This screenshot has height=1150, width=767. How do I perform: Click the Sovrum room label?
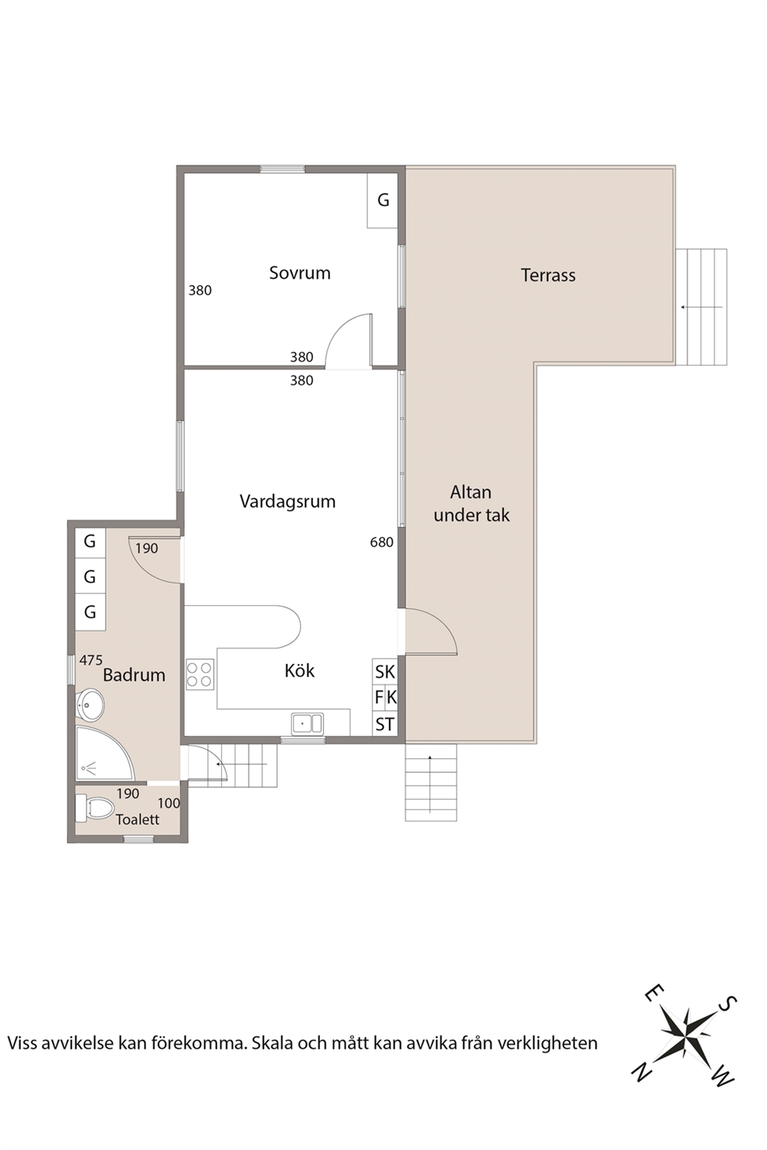(299, 273)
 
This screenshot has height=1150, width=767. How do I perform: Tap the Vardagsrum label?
(287, 501)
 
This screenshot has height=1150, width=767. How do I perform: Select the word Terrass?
(548, 275)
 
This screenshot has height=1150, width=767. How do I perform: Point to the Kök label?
(299, 671)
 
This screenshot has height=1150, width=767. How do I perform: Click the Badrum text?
(134, 675)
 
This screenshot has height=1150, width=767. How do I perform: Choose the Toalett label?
(137, 819)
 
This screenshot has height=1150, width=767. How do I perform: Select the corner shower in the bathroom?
(104, 753)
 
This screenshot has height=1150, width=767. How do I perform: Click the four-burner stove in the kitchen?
(199, 675)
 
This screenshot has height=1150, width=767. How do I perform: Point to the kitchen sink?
(307, 723)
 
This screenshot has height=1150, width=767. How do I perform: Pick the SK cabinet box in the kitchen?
(385, 672)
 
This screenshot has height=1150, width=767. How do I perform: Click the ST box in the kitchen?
(385, 724)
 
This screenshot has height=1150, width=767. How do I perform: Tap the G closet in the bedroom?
(383, 200)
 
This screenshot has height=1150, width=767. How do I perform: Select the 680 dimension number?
(382, 542)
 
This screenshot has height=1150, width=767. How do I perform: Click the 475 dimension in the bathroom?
(91, 660)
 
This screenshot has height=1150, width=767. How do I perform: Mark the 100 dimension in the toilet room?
(169, 803)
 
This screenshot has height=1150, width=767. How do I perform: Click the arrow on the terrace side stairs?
(702, 307)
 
